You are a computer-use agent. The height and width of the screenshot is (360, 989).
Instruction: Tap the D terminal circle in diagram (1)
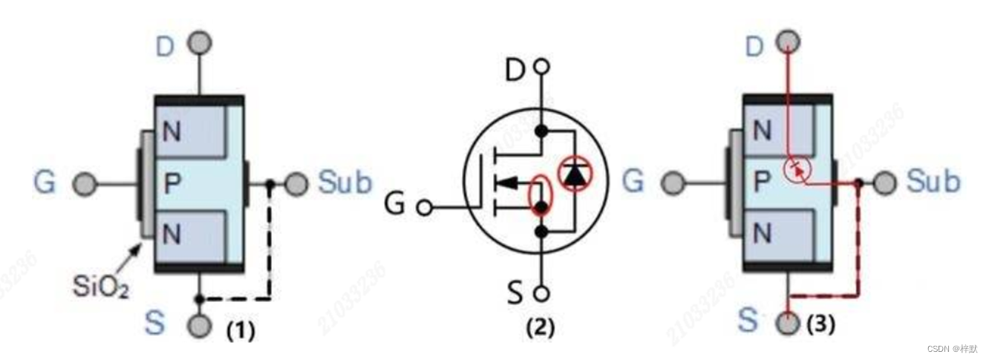(x=199, y=43)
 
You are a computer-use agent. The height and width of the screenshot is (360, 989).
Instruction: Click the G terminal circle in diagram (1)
(x=85, y=183)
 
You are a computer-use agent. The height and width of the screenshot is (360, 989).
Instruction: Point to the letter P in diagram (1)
(x=172, y=183)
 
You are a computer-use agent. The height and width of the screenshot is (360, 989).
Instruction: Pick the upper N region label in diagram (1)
(x=172, y=134)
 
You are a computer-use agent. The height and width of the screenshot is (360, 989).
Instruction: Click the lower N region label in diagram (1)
(x=172, y=235)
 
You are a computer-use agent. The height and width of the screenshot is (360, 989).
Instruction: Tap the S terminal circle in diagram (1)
(x=199, y=326)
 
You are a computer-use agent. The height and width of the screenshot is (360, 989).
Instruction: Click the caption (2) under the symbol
(x=540, y=327)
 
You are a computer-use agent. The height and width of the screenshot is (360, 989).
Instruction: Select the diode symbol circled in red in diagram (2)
(x=575, y=174)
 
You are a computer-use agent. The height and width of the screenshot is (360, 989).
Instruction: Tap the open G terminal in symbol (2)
(x=424, y=208)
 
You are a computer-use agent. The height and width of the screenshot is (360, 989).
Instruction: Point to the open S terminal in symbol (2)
(x=543, y=294)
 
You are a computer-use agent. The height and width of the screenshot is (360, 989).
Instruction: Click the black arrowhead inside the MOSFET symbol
(x=506, y=183)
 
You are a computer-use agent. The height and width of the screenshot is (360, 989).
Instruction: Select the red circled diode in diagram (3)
(x=796, y=170)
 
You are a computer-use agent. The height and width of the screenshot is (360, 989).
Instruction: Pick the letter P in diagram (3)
(x=761, y=183)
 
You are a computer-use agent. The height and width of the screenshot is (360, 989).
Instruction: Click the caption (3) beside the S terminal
(x=821, y=324)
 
